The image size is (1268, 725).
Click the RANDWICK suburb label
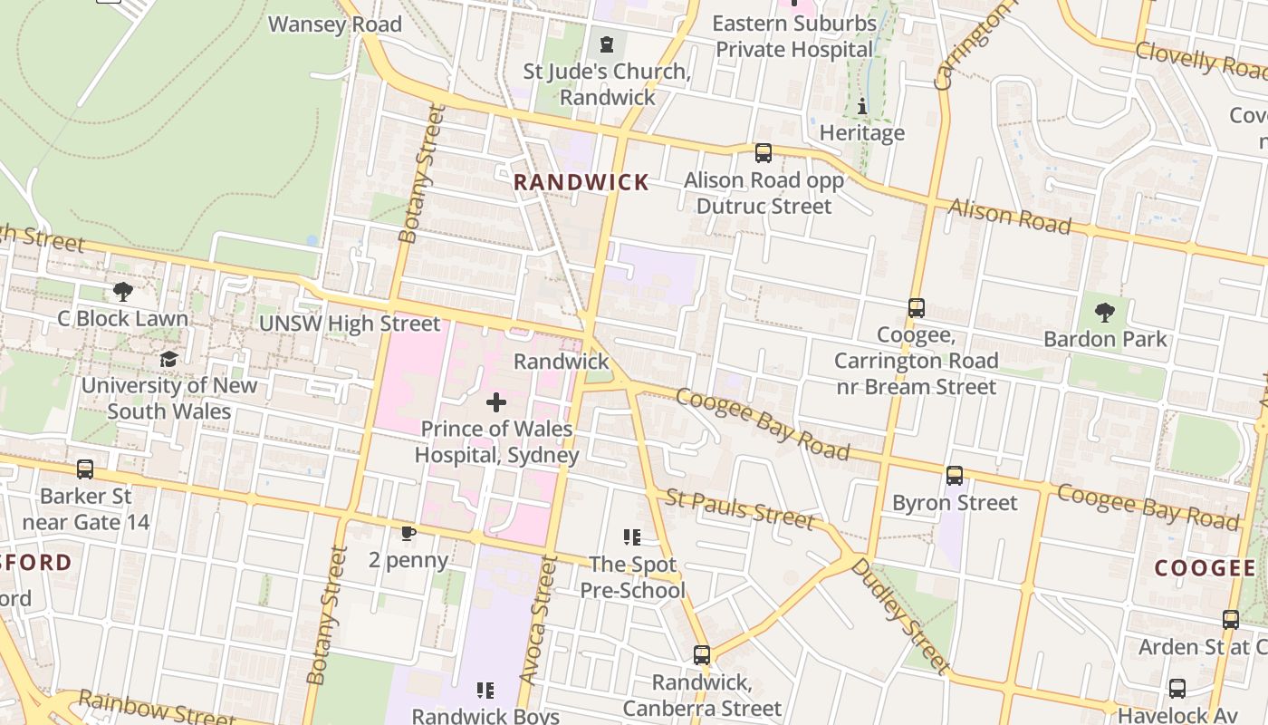(x=581, y=182)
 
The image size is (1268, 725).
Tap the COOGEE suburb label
(x=1205, y=568)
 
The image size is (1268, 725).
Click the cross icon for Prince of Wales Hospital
(x=496, y=401)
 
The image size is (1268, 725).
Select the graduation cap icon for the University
(x=169, y=359)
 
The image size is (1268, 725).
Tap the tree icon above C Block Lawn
(x=123, y=292)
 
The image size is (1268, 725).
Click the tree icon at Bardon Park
(x=1105, y=313)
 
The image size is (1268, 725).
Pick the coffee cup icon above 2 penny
(x=408, y=533)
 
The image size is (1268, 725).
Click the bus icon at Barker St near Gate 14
(x=85, y=469)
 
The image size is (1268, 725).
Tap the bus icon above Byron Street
(x=955, y=476)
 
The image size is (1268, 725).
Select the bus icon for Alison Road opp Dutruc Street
(x=764, y=153)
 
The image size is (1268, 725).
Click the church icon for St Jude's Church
(x=606, y=43)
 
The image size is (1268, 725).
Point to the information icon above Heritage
(x=861, y=107)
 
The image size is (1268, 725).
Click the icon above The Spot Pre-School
(x=632, y=537)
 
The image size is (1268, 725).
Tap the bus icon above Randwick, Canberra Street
(x=702, y=654)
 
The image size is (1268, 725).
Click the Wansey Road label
(x=335, y=24)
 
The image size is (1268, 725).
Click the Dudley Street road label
(x=901, y=615)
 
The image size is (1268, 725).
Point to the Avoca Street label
(x=536, y=621)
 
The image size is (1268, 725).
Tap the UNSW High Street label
(x=350, y=324)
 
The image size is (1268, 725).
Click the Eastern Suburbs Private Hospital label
(x=794, y=36)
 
